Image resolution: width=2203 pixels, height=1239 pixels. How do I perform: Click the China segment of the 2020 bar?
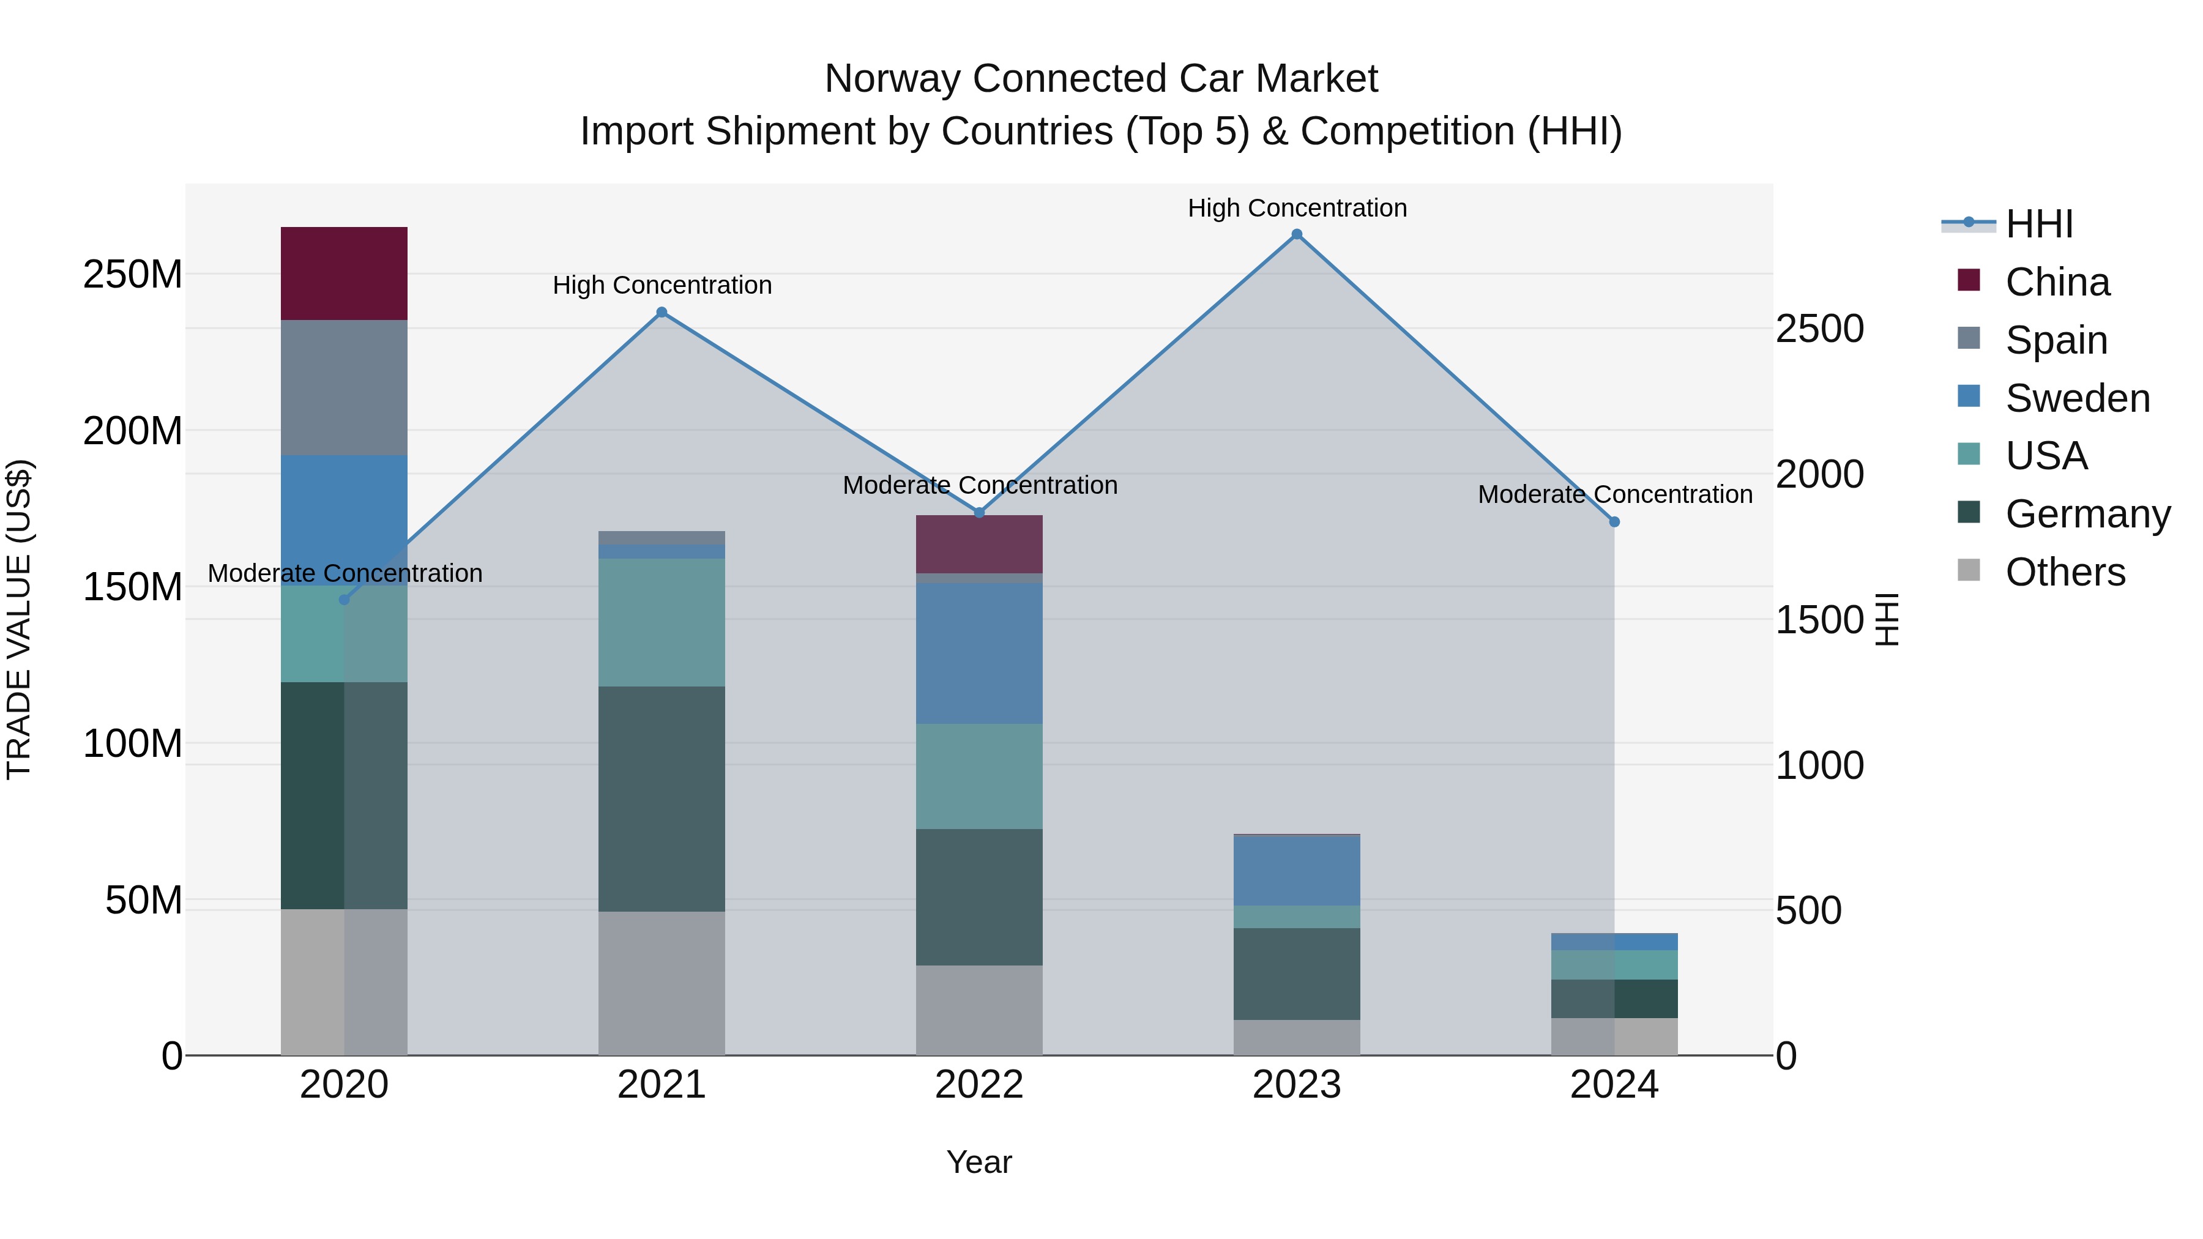[x=344, y=273]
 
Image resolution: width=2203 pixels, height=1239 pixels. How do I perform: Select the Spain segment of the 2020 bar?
[x=344, y=387]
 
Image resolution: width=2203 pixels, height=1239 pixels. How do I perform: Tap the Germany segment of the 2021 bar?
[x=661, y=798]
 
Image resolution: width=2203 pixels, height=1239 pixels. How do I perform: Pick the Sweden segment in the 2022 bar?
[x=979, y=653]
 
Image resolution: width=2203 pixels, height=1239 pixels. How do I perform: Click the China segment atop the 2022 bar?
[x=979, y=544]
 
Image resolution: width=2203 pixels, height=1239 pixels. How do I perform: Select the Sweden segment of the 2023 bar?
[x=1297, y=871]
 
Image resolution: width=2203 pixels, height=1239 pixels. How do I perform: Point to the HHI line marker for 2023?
[x=1297, y=234]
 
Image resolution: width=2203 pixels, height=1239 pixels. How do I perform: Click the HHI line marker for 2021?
[x=661, y=313]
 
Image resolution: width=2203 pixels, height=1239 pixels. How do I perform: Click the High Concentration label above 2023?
[x=1297, y=208]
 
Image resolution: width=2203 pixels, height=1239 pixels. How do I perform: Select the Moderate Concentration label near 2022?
[x=979, y=485]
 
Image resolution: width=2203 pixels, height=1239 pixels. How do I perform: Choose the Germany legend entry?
[x=2087, y=514]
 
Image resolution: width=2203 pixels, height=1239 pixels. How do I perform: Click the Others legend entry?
[x=2065, y=572]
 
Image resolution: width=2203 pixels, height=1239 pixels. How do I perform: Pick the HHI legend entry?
[x=2039, y=224]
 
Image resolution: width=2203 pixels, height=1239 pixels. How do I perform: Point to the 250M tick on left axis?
[x=133, y=275]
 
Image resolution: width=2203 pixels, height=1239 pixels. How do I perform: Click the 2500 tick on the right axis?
[x=1820, y=329]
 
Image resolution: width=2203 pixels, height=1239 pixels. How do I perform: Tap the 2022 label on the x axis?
[x=979, y=1085]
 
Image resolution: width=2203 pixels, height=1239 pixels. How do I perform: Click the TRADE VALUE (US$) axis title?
[x=19, y=619]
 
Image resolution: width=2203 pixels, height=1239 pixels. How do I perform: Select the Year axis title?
[x=979, y=1162]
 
